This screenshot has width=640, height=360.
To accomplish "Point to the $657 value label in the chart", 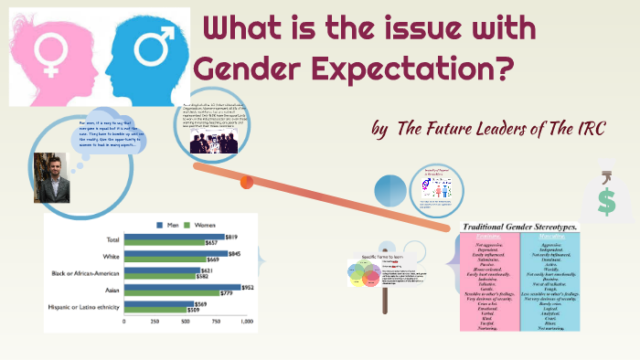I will [210, 243].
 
